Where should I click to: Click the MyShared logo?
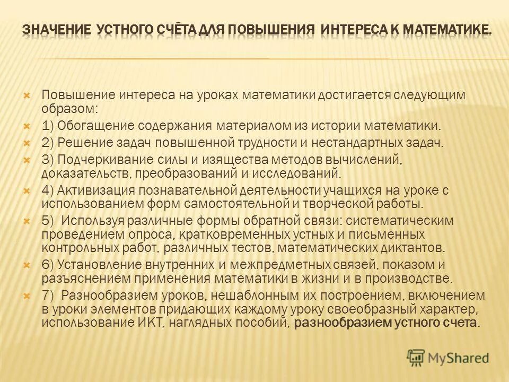(x=448, y=358)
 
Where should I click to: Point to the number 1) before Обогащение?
(x=47, y=126)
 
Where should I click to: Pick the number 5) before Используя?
(x=48, y=220)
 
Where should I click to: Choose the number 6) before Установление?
(x=48, y=264)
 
